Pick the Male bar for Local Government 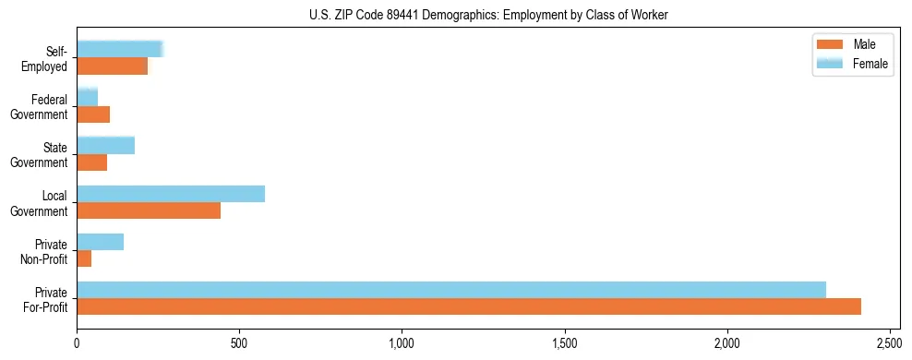pyautogui.click(x=149, y=210)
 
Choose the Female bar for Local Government pyautogui.click(x=171, y=194)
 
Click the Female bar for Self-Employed pyautogui.click(x=120, y=49)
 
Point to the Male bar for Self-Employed pyautogui.click(x=113, y=66)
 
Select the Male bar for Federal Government pyautogui.click(x=93, y=114)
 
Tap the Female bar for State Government pyautogui.click(x=106, y=146)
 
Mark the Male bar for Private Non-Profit pyautogui.click(x=84, y=258)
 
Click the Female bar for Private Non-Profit pyautogui.click(x=101, y=242)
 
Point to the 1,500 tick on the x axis pyautogui.click(x=565, y=342)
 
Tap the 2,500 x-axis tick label pyautogui.click(x=890, y=342)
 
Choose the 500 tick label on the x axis pyautogui.click(x=240, y=342)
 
